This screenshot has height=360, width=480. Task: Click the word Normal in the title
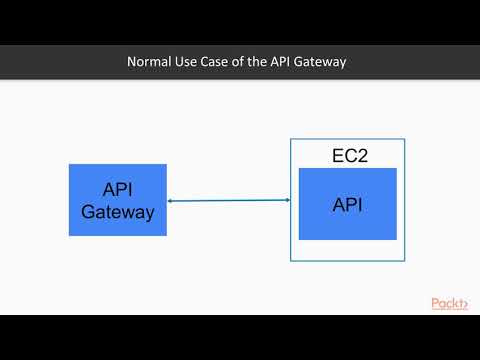149,62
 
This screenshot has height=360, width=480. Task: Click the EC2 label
348,156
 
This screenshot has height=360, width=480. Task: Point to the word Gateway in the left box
118,212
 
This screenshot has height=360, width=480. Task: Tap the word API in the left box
118,191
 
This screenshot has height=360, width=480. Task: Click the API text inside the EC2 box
347,205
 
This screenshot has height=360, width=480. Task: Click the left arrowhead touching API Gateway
170,202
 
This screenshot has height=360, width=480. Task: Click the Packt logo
449,303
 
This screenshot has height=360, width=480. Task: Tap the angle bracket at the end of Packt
465,304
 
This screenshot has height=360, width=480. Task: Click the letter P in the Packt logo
436,303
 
